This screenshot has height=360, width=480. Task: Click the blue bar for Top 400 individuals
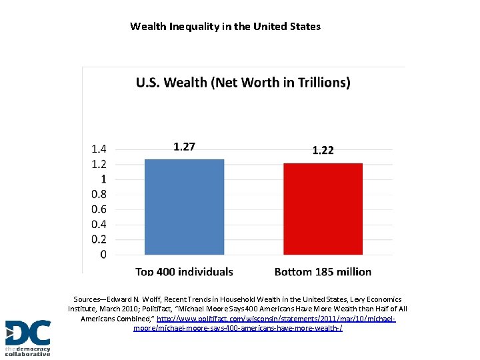click(185, 207)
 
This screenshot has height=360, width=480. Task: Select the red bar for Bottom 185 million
click(323, 209)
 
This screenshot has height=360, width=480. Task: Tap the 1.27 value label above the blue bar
click(185, 147)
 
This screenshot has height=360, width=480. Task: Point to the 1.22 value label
click(323, 151)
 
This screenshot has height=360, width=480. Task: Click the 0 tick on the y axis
click(103, 255)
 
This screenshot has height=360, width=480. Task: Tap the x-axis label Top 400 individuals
click(185, 271)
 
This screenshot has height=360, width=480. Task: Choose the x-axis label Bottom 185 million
click(323, 271)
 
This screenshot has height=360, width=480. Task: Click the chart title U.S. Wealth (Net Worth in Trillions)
click(243, 83)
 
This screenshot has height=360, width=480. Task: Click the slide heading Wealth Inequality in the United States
click(225, 27)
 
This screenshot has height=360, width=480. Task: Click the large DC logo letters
click(27, 333)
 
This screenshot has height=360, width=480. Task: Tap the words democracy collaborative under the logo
click(27, 351)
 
